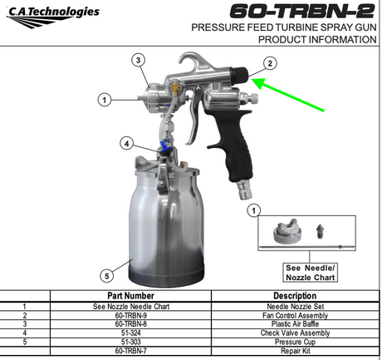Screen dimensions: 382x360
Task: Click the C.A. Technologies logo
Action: click(52, 17)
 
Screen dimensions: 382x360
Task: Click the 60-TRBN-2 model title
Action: click(302, 12)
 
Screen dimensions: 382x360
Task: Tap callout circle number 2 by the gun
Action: click(270, 63)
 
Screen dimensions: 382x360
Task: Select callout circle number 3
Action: click(139, 60)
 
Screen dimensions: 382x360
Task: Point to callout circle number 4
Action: click(126, 144)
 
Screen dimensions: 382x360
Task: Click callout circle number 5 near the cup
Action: click(107, 276)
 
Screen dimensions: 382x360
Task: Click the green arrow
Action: click(287, 94)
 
